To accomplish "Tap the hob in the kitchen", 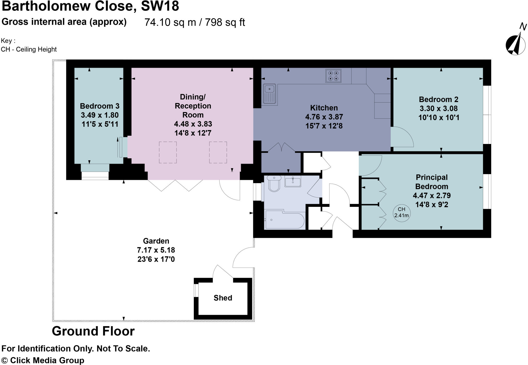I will (333, 76).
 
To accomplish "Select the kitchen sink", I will (269, 94).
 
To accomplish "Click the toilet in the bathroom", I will (274, 183).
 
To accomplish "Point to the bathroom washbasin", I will (293, 181).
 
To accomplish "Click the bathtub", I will (284, 220).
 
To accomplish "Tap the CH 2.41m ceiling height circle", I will (401, 213).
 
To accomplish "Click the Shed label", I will (223, 298).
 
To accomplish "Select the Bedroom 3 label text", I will (100, 106).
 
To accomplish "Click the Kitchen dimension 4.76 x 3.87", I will (324, 117).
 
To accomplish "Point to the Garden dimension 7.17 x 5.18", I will (156, 250).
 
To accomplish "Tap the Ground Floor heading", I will (93, 331).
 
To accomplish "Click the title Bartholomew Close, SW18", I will (90, 6).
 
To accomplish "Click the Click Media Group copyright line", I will (43, 360).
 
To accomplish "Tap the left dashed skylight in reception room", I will (168, 152).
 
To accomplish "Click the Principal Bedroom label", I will (432, 182).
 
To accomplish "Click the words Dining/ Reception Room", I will (193, 106).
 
